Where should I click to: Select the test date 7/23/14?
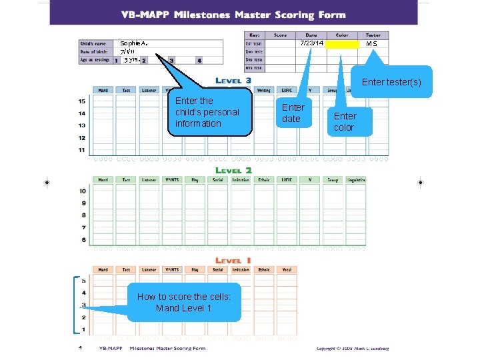[x=311, y=43]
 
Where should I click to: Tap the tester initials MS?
[x=372, y=44]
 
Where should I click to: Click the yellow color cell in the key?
[x=343, y=44]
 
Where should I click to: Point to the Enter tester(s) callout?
[x=391, y=82]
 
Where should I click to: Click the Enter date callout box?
[x=293, y=113]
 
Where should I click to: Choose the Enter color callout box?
[x=346, y=121]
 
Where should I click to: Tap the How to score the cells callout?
[x=183, y=303]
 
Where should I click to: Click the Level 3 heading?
[x=233, y=81]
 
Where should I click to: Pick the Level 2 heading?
[x=233, y=170]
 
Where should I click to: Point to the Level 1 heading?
[x=233, y=261]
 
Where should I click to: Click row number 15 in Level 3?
[x=81, y=101]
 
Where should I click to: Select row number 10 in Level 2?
[x=82, y=191]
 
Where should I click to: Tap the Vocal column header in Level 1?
[x=287, y=270]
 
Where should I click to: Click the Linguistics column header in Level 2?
[x=356, y=180]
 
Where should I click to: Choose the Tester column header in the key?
[x=373, y=35]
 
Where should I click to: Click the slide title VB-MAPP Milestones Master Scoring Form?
[x=233, y=15]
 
